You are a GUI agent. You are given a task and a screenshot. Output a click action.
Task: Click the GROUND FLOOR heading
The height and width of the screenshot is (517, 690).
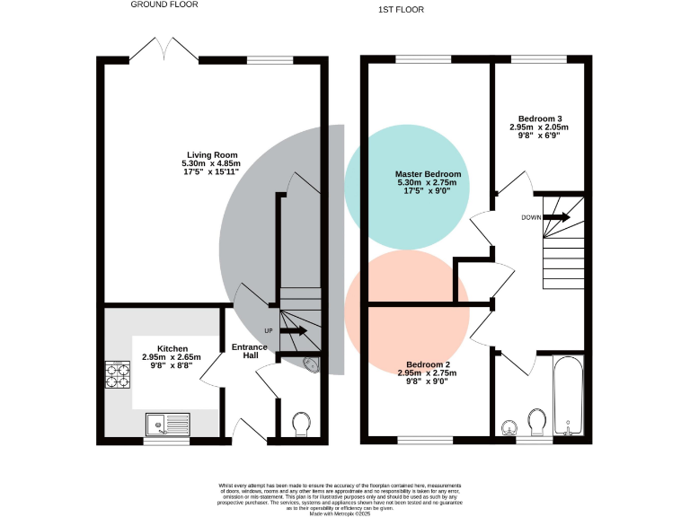click(164, 4)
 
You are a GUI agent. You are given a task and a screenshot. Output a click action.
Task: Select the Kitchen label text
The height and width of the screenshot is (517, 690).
click(172, 348)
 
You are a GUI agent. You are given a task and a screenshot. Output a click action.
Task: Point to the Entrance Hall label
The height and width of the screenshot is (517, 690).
click(250, 351)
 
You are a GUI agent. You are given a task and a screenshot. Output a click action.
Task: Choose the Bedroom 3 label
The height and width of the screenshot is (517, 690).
click(540, 118)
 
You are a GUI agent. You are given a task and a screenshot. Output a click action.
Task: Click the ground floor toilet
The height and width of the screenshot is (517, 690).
click(301, 423)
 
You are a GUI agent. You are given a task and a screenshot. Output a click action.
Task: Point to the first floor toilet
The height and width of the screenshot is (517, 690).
click(538, 422)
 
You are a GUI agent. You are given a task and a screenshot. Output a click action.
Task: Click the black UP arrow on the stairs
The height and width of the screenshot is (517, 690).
click(293, 331)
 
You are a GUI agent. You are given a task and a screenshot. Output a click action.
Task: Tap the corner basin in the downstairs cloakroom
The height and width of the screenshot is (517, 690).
click(312, 364)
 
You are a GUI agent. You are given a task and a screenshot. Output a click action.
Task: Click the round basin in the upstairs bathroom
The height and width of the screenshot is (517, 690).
click(509, 427)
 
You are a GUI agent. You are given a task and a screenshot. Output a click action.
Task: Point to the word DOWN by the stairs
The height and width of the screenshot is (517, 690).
click(530, 218)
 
